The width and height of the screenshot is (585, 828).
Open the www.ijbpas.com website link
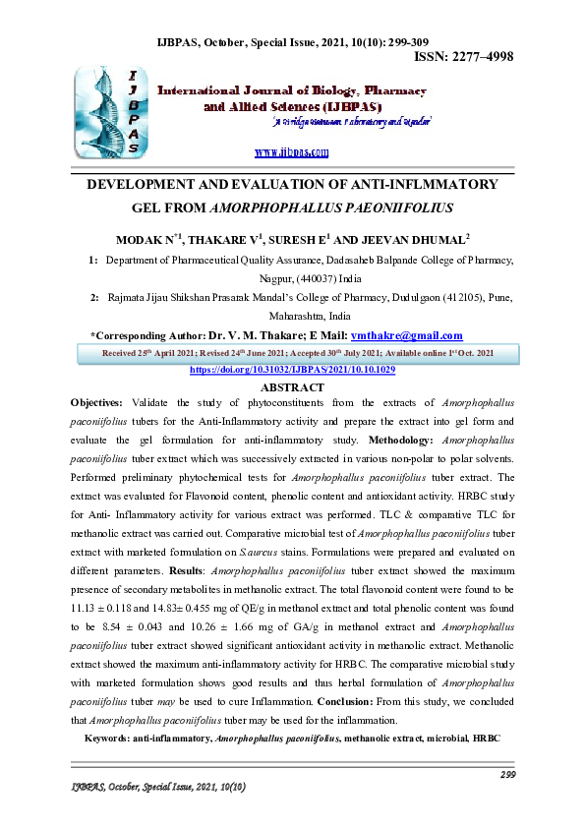point(291,152)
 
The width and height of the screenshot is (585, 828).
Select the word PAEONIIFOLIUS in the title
point(392,208)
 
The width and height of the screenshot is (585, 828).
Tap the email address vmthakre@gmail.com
point(407,336)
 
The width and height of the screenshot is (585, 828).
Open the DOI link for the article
point(292,369)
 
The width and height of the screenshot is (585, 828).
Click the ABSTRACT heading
point(292,387)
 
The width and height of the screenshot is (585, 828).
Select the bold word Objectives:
point(97,404)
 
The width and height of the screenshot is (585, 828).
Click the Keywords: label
point(115,738)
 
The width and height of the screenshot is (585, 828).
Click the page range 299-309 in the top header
point(395,42)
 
